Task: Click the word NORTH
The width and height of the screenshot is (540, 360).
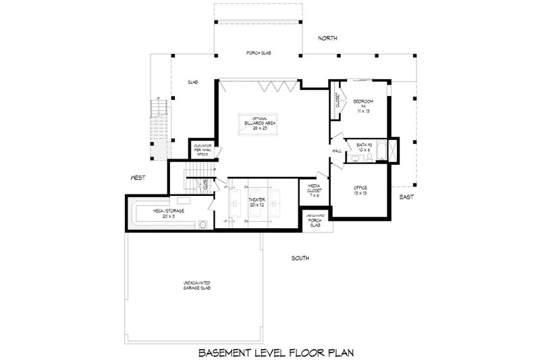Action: (x=329, y=38)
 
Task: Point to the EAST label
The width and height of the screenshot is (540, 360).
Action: (x=406, y=197)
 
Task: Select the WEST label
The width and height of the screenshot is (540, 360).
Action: (x=140, y=178)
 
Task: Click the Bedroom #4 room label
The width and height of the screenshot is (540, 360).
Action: (x=362, y=106)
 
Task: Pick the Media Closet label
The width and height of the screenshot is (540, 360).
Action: (x=315, y=190)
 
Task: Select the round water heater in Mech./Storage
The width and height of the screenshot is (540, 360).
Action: (x=202, y=225)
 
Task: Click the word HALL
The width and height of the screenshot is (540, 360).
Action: (x=336, y=151)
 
